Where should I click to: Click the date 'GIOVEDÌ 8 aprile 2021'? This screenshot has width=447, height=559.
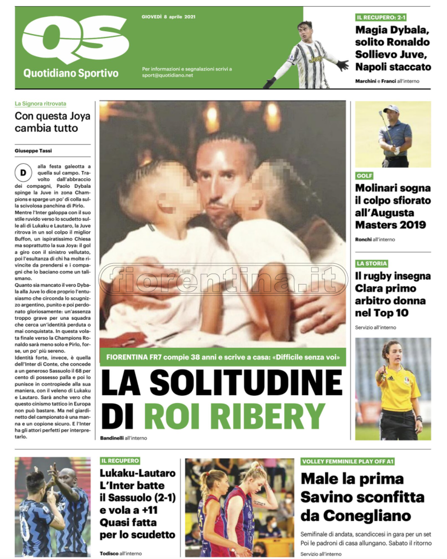(168, 17)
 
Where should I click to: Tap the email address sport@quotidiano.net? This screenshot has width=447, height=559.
(167, 75)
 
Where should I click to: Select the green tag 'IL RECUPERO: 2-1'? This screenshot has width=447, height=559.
(381, 17)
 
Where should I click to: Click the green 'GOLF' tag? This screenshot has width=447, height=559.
(364, 176)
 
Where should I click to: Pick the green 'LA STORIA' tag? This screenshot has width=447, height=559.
(372, 264)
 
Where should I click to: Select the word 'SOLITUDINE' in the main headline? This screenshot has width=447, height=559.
(246, 383)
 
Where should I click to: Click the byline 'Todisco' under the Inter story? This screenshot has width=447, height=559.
(109, 553)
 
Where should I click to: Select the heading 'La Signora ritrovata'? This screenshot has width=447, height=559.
(41, 104)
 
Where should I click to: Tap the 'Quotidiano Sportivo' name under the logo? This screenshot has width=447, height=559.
(71, 73)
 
